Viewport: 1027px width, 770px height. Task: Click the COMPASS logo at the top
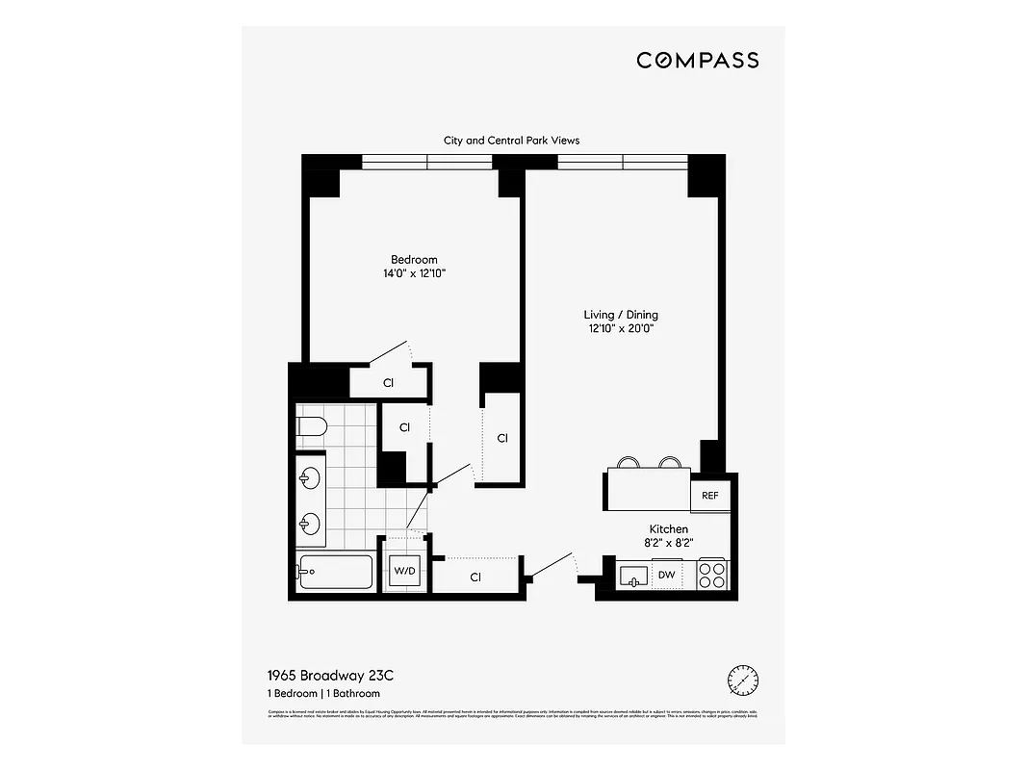pyautogui.click(x=697, y=61)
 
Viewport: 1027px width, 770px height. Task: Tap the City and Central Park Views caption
pyautogui.click(x=511, y=141)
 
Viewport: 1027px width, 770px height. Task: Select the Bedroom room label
pyautogui.click(x=414, y=260)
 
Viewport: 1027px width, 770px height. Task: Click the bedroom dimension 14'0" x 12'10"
pyautogui.click(x=414, y=274)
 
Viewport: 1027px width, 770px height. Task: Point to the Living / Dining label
pyautogui.click(x=621, y=315)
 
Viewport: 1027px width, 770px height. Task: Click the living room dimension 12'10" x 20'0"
pyautogui.click(x=621, y=329)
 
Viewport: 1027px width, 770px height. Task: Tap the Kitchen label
pyautogui.click(x=668, y=529)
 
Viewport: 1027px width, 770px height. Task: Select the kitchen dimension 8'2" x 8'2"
pyautogui.click(x=668, y=543)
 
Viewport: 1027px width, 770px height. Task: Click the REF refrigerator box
pyautogui.click(x=709, y=497)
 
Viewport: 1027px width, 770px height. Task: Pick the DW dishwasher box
pyautogui.click(x=666, y=576)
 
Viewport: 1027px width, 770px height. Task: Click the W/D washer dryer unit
pyautogui.click(x=404, y=572)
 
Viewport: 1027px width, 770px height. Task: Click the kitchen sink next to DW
pyautogui.click(x=632, y=576)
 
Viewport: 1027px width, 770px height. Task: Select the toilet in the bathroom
pyautogui.click(x=313, y=426)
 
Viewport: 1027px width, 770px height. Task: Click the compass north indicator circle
pyautogui.click(x=742, y=680)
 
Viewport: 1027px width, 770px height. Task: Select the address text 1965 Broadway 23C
pyautogui.click(x=330, y=677)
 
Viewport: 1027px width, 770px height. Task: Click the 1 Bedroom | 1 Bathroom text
pyautogui.click(x=322, y=694)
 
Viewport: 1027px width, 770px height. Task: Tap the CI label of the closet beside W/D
pyautogui.click(x=475, y=577)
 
